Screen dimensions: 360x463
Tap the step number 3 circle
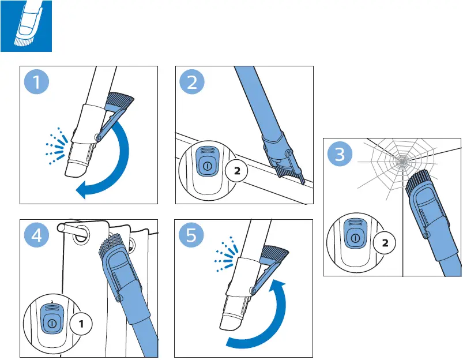click(x=340, y=154)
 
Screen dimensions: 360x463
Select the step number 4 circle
click(x=37, y=235)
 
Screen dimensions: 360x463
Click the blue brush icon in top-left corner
click(x=26, y=25)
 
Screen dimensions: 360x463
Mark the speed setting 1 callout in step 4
click(x=81, y=324)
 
